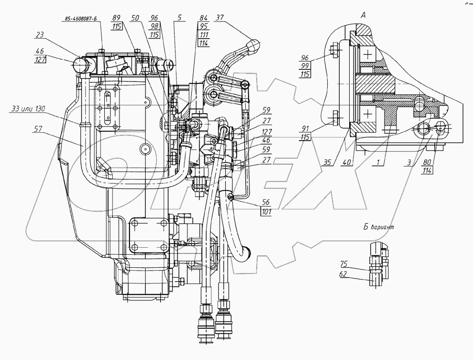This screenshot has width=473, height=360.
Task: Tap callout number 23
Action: [40, 34]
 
